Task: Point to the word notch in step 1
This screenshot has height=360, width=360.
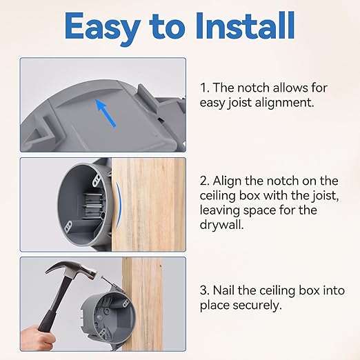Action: pyautogui.click(x=262, y=88)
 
